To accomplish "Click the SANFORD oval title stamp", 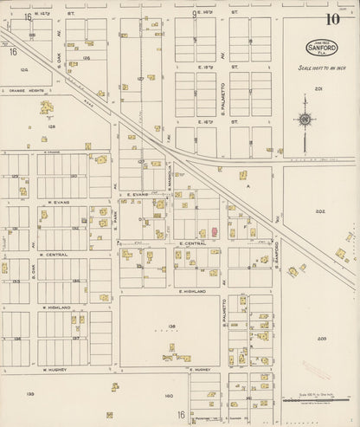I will (x=321, y=48).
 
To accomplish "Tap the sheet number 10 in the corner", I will (x=332, y=19).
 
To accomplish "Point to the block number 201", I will (x=318, y=88).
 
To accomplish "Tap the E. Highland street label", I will (x=191, y=292).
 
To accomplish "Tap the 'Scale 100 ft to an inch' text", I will (x=321, y=66).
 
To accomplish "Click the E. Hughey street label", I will (x=200, y=369).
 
